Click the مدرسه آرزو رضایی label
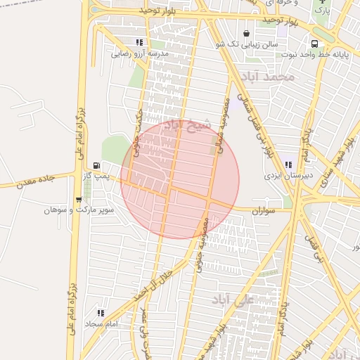[141, 53]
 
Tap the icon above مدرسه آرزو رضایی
[141, 43]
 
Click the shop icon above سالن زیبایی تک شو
[246, 33]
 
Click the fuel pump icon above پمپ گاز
[96, 165]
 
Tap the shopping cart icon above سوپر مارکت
[77, 200]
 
